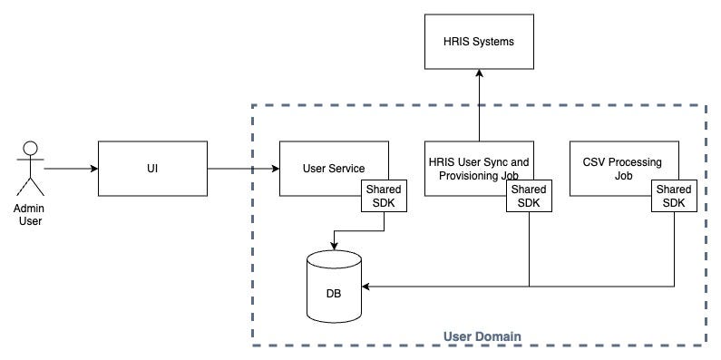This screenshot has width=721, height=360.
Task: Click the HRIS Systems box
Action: coord(479,42)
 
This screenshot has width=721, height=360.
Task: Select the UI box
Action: coord(152,169)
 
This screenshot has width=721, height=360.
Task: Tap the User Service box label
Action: coord(334,169)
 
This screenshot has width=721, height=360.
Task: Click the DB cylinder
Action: coord(335,286)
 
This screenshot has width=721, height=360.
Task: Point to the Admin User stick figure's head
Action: coord(30,148)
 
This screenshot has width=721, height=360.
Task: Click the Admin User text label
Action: coord(30,215)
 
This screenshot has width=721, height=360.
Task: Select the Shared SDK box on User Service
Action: coord(384,196)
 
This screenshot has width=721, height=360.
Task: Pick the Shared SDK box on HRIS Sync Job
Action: coord(530,196)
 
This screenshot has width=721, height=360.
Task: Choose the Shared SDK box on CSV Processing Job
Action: coord(674,196)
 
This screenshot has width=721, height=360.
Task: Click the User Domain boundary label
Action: coord(482,336)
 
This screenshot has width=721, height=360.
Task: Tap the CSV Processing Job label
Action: coord(622,169)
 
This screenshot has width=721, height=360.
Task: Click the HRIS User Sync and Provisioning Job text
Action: coord(478,169)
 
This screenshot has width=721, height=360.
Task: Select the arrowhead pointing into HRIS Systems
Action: coord(479,73)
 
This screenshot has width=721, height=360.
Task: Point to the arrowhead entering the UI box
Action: coord(94,169)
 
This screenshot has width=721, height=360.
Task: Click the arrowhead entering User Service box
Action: coord(276,169)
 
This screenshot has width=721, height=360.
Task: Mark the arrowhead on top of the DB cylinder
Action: coord(335,247)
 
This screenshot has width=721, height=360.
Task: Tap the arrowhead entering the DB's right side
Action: coord(366,287)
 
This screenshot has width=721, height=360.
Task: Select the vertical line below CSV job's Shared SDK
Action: coord(674,249)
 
